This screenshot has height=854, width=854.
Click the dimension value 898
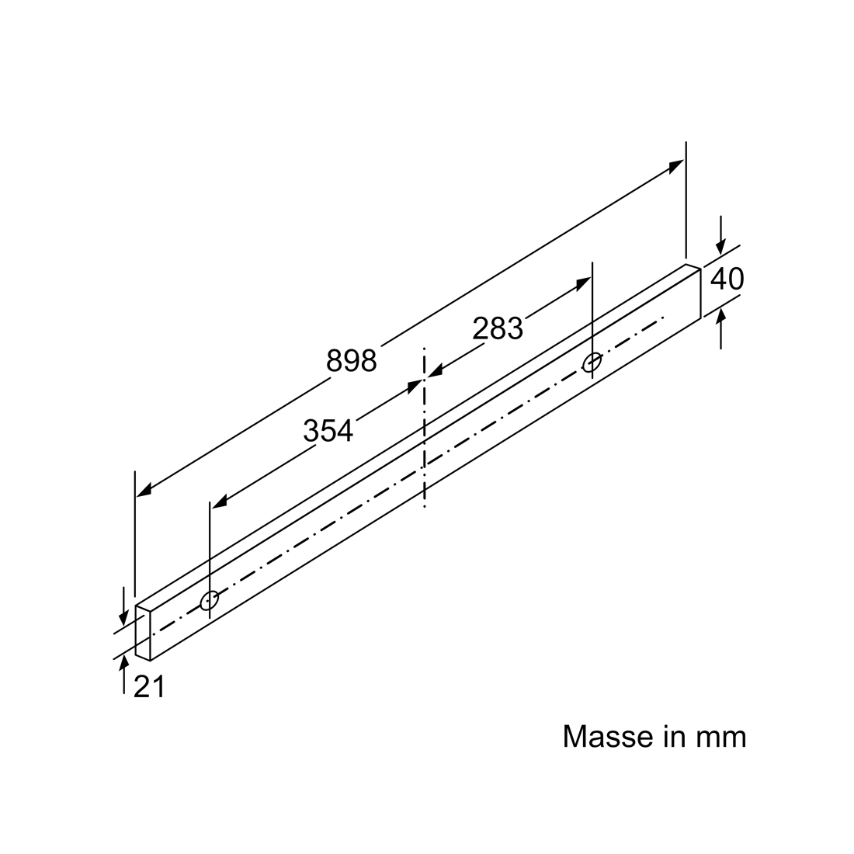pyautogui.click(x=351, y=360)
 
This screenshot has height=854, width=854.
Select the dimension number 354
pyautogui.click(x=328, y=431)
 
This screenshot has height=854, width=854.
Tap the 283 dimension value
pyautogui.click(x=497, y=329)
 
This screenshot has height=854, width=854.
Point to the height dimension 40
pyautogui.click(x=727, y=279)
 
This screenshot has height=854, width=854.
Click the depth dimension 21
pyautogui.click(x=149, y=687)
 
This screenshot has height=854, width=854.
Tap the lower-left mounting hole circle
pyautogui.click(x=209, y=601)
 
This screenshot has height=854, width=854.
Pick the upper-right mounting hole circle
pyautogui.click(x=592, y=363)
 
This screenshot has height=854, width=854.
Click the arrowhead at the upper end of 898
pyautogui.click(x=677, y=165)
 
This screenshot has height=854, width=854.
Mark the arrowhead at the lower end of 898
pyautogui.click(x=144, y=490)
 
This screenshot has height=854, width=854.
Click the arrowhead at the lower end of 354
pyautogui.click(x=219, y=502)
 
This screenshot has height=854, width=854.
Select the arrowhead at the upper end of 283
pyautogui.click(x=583, y=283)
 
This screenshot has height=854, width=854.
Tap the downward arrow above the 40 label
pyautogui.click(x=721, y=235)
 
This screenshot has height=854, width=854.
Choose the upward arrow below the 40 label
pyautogui.click(x=721, y=328)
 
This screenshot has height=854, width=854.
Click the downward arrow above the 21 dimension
pyautogui.click(x=124, y=606)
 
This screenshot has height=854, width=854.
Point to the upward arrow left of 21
pyautogui.click(x=124, y=675)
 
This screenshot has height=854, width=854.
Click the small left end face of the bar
pyautogui.click(x=143, y=633)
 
